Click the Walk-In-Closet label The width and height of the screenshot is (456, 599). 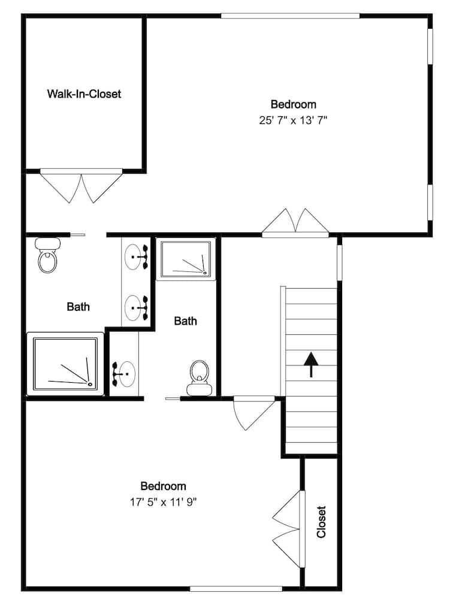(x=84, y=94)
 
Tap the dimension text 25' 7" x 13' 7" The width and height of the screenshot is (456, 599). (x=293, y=120)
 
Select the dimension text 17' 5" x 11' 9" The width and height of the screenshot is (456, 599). (x=164, y=502)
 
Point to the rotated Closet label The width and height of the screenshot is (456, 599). (x=322, y=521)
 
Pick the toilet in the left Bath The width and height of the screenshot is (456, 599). (x=47, y=256)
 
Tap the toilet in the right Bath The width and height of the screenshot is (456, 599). (x=198, y=379)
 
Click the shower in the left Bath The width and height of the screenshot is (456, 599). (x=65, y=364)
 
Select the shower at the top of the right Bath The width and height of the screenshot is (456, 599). (x=186, y=259)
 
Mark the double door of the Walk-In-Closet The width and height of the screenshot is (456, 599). (x=81, y=187)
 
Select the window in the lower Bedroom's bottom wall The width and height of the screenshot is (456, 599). (x=235, y=588)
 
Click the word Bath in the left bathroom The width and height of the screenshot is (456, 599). (x=78, y=307)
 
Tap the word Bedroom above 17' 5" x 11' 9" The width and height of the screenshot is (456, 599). (x=163, y=486)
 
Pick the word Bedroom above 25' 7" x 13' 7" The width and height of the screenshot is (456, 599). (x=293, y=105)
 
